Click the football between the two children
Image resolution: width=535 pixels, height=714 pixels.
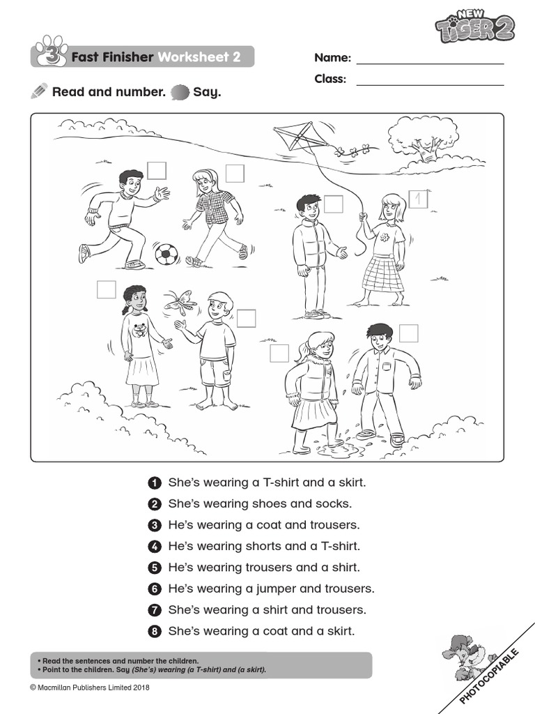166,254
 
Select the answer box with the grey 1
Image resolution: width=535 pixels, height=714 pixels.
417,199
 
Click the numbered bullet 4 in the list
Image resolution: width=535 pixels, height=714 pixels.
155,547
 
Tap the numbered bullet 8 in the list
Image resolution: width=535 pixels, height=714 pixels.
155,632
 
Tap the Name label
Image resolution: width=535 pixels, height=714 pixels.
332,58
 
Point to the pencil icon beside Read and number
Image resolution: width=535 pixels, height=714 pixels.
40,91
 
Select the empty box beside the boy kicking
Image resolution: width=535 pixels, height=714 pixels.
157,171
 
